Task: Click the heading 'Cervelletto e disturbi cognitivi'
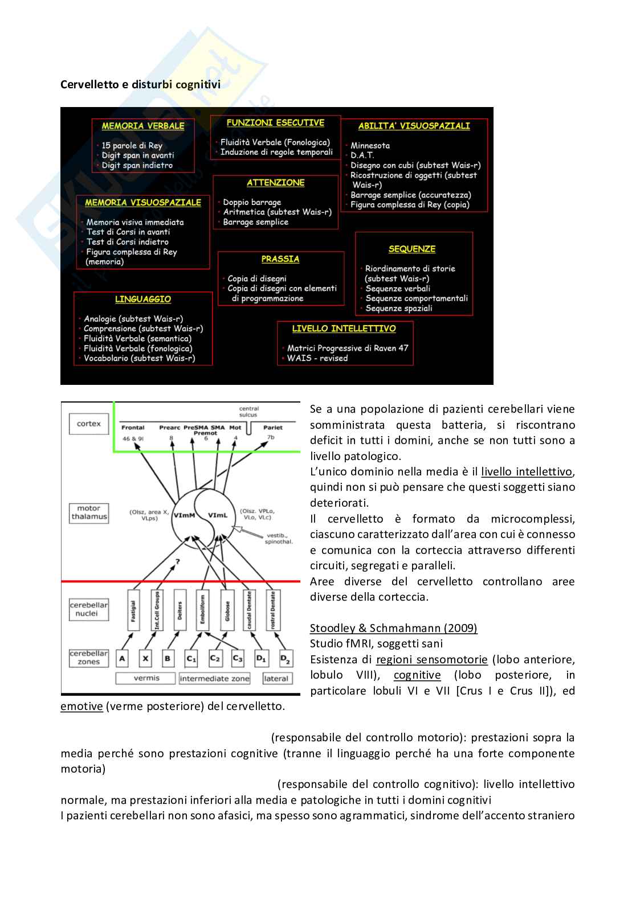[140, 85]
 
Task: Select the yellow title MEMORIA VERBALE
[143, 126]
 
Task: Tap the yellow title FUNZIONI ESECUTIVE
[275, 122]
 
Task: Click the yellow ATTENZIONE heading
[276, 183]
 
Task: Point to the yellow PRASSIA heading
[280, 259]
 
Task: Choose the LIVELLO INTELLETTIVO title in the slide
[344, 329]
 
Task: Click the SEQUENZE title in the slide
[412, 249]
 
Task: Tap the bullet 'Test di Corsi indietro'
[128, 242]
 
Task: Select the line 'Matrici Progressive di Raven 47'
[348, 348]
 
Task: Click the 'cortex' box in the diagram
[88, 424]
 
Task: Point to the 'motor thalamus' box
[89, 512]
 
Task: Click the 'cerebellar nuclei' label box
[89, 609]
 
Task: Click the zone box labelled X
[146, 659]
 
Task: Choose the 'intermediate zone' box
[214, 678]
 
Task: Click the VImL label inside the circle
[218, 515]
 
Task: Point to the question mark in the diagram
[178, 562]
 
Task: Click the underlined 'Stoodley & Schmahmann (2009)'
[393, 628]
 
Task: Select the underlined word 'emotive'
[81, 707]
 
